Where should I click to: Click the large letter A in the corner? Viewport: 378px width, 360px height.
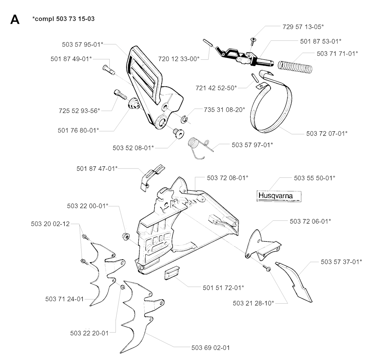point(15,20)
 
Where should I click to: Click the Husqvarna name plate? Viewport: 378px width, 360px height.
point(279,195)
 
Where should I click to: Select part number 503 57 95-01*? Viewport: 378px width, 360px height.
point(82,45)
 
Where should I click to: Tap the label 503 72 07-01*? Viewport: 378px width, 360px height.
point(327,133)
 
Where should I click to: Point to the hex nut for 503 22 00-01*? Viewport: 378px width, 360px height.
point(125,236)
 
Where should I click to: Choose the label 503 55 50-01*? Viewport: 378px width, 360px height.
point(315,178)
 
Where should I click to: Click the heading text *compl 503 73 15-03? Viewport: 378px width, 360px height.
point(63,19)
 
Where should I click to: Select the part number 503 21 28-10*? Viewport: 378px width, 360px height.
point(253,303)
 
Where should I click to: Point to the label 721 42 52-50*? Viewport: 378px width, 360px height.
point(216,87)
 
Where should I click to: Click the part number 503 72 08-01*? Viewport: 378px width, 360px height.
point(227,178)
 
